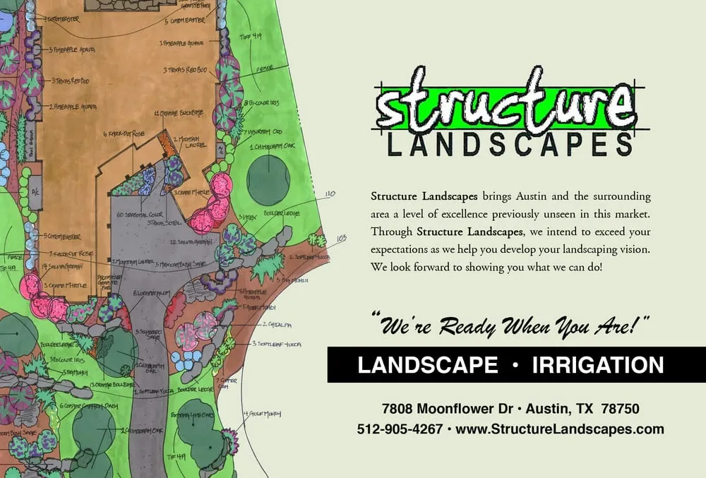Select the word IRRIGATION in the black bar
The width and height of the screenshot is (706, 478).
tap(598, 365)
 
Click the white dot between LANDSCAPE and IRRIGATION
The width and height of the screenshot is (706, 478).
tap(515, 365)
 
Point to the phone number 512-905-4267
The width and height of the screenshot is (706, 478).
tap(400, 429)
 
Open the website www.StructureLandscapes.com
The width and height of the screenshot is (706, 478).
tap(560, 429)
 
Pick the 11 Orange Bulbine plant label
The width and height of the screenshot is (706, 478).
tap(177, 113)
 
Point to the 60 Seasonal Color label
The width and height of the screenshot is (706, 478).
tap(138, 215)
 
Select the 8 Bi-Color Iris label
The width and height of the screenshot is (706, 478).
tap(264, 103)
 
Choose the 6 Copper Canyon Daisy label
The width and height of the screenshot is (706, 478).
tap(83, 406)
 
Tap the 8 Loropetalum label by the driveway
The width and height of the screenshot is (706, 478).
tap(152, 292)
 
